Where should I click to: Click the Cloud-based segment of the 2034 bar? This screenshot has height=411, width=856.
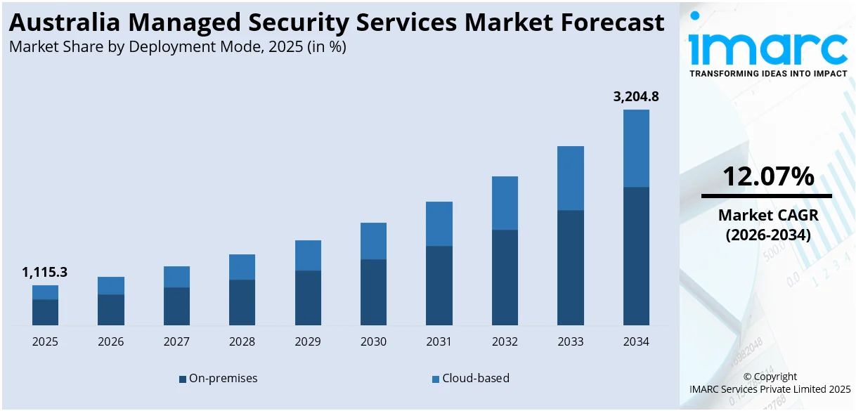[x=636, y=148]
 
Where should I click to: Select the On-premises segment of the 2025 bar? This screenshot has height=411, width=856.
[x=45, y=312]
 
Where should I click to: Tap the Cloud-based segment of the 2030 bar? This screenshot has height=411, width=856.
[x=373, y=241]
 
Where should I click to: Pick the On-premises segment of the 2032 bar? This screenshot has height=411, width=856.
[x=505, y=277]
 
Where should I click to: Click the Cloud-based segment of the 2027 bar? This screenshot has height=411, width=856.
[x=176, y=277]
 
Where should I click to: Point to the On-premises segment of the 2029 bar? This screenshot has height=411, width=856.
[x=308, y=297]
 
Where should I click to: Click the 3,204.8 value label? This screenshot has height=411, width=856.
[x=636, y=97]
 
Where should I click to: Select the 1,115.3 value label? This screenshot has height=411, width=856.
[x=45, y=273]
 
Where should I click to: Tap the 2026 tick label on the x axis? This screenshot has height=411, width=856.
[x=111, y=342]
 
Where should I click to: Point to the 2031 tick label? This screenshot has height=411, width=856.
[x=439, y=342]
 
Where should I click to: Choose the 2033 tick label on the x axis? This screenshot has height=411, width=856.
[x=571, y=342]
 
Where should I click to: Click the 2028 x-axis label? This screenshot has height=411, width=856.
[x=242, y=342]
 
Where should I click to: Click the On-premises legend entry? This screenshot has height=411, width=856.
[x=219, y=378]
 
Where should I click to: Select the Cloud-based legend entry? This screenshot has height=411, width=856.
[x=470, y=378]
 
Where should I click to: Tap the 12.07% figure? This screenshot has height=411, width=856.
[x=767, y=176]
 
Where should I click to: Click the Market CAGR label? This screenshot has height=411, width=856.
[x=767, y=216]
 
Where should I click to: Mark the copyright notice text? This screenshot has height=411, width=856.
[x=771, y=383]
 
